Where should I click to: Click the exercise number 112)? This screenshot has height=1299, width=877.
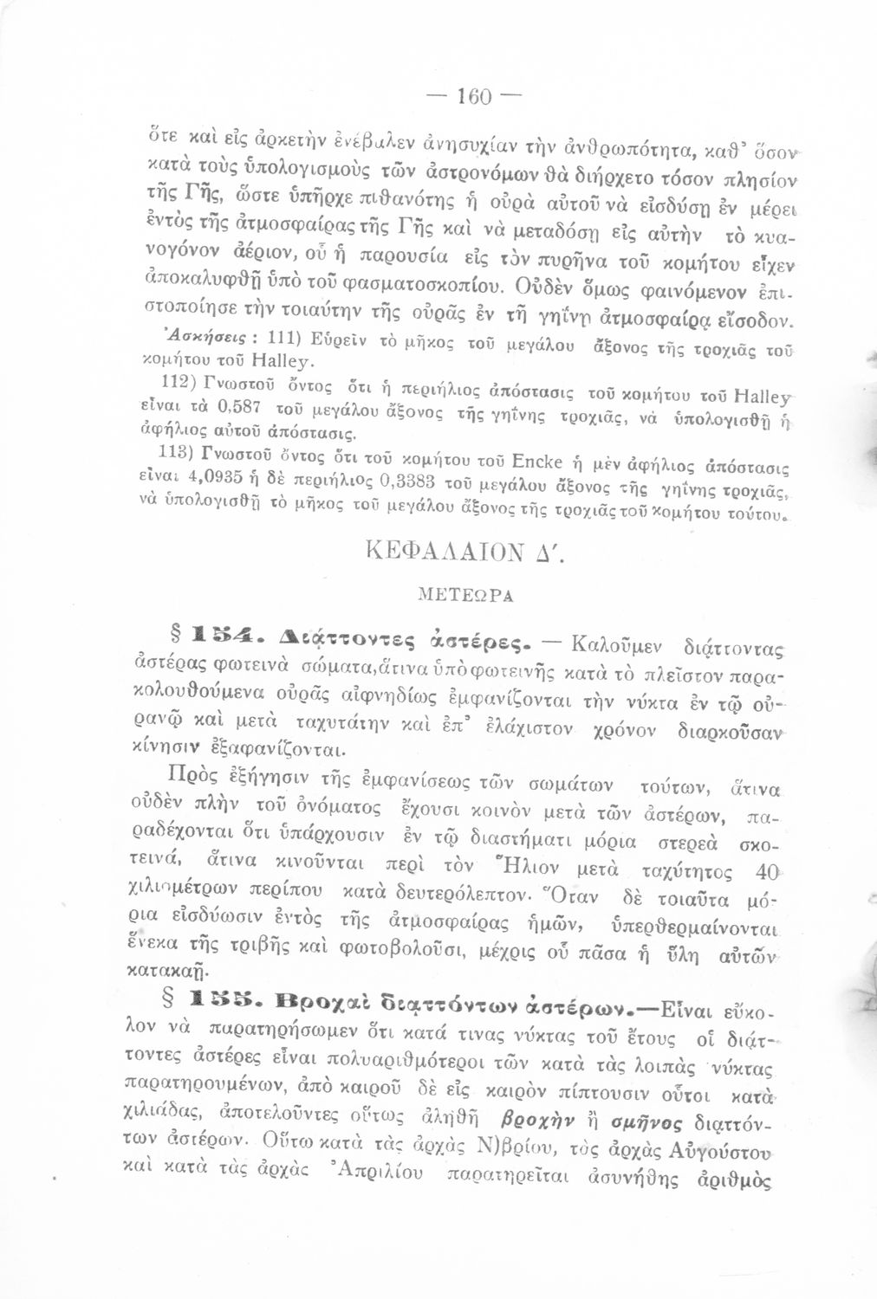pyautogui.click(x=159, y=381)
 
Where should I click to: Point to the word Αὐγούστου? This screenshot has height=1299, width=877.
pyautogui.click(x=718, y=1151)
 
